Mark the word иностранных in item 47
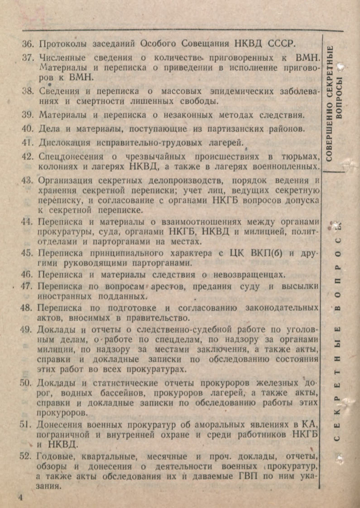pos(65,297)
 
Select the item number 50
pos(26,383)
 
